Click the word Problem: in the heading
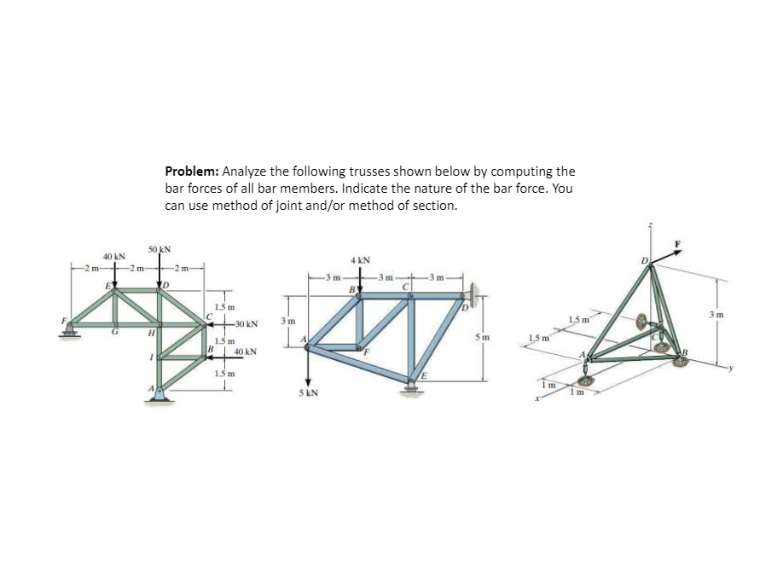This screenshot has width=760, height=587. [191, 171]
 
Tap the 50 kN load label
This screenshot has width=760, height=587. [160, 249]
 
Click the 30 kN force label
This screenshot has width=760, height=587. [247, 324]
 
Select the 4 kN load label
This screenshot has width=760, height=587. [359, 259]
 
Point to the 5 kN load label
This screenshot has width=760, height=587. [308, 395]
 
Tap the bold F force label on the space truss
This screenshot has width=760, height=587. [680, 243]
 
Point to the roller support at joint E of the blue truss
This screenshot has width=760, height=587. [413, 391]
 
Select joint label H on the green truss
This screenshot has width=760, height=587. [150, 333]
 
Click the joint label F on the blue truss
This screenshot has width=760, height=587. [368, 350]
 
